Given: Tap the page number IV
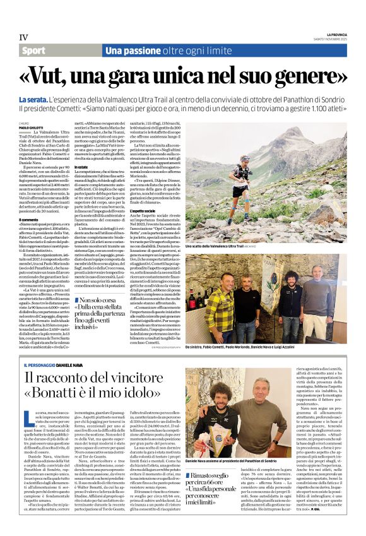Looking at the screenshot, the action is tap(23, 37).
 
